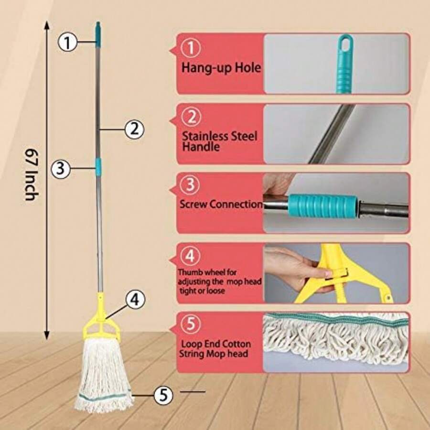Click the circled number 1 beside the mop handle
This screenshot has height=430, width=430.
(68, 43)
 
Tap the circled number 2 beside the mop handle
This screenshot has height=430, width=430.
(134, 128)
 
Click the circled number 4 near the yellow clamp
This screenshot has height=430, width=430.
(135, 300)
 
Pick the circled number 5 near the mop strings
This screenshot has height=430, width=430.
(163, 394)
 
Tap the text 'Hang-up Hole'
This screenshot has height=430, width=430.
(221, 68)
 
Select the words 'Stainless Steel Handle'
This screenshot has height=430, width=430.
(219, 141)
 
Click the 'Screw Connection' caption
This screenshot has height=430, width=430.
(221, 204)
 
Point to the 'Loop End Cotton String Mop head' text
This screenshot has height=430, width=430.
(216, 349)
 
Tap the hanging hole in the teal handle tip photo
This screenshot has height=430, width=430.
(344, 45)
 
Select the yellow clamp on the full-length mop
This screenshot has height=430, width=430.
(101, 325)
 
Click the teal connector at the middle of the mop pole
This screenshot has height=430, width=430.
(99, 166)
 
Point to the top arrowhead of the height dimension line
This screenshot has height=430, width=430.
(46, 23)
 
